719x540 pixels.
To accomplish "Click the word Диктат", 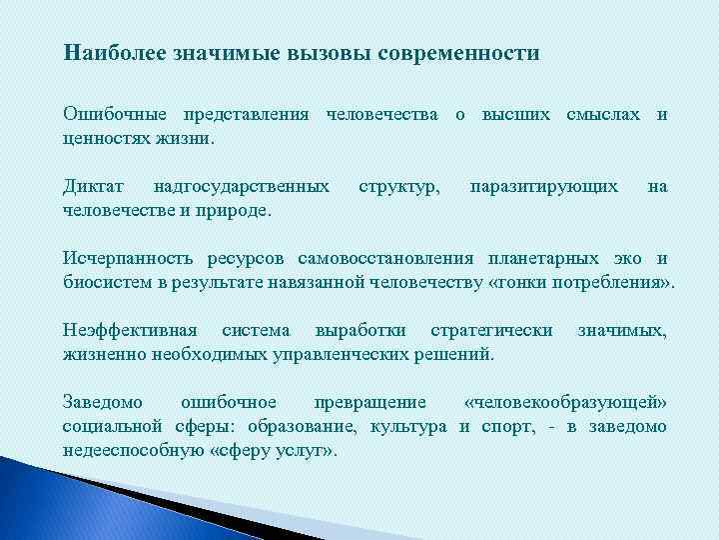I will [94, 186].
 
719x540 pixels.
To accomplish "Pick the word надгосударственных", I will [242, 186].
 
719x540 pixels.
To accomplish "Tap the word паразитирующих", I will [543, 186].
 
